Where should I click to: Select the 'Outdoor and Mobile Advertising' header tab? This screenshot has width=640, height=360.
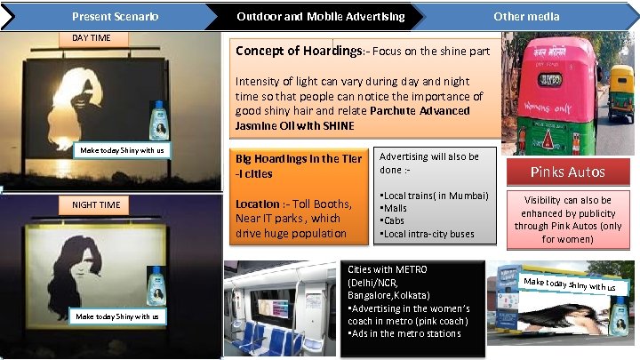(x=320, y=16)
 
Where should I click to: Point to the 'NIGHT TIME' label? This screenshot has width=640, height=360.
(x=97, y=204)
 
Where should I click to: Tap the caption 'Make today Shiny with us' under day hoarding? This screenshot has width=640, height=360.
(x=122, y=150)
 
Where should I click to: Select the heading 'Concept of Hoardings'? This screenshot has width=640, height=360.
(x=297, y=51)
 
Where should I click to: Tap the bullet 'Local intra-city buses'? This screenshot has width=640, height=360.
(x=428, y=234)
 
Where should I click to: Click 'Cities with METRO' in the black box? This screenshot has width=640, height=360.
(x=388, y=269)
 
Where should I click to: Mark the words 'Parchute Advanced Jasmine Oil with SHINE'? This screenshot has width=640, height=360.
(x=356, y=118)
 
